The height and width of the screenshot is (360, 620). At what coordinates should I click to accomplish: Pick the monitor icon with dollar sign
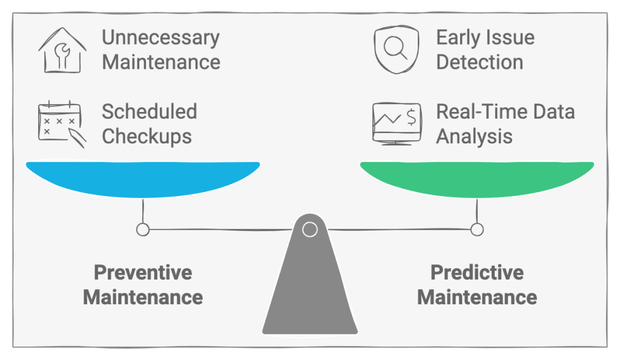tap(397, 123)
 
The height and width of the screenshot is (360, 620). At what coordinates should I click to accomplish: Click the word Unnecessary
tap(160, 38)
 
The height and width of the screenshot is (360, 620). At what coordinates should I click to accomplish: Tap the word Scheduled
tap(149, 111)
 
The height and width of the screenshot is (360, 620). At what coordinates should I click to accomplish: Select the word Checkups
tap(147, 136)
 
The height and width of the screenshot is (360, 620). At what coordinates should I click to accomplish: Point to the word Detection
tap(480, 62)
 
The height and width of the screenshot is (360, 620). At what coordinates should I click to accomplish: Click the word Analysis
tap(474, 136)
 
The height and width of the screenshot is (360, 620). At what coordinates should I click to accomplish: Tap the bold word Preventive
tap(143, 272)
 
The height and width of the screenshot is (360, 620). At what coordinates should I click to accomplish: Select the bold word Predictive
tap(477, 272)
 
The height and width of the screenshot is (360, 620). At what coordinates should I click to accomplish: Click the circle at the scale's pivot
tap(309, 229)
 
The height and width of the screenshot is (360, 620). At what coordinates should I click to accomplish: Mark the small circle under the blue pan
tap(143, 229)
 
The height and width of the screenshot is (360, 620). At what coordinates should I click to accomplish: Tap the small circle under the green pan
tap(477, 229)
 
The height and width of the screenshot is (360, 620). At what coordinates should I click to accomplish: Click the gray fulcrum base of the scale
tap(309, 290)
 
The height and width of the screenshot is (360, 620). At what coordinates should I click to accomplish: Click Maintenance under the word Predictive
tap(477, 297)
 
